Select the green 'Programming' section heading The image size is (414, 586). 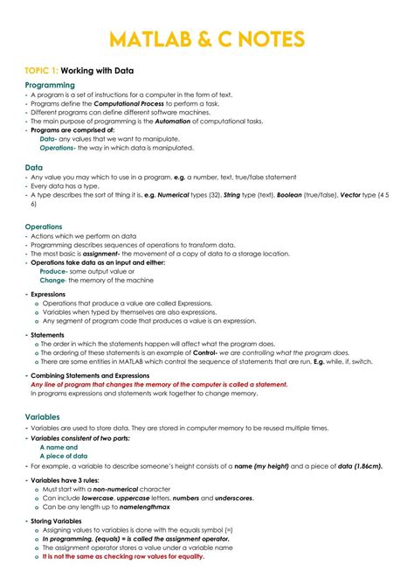56,85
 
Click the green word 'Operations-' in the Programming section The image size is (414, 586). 58,148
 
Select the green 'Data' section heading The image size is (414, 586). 34,166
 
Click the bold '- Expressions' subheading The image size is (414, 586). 49,295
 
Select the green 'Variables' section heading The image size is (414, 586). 43,417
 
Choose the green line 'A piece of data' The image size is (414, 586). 64,456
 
